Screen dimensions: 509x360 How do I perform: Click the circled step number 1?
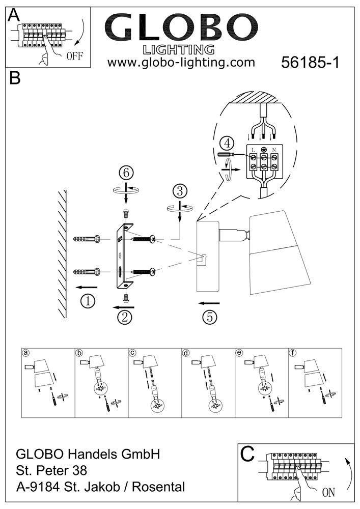(89, 301)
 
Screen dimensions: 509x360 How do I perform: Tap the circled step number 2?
(124, 317)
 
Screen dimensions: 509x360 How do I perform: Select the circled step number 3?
(179, 191)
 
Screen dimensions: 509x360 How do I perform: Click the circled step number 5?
(209, 317)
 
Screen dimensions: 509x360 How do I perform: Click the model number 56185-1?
(310, 63)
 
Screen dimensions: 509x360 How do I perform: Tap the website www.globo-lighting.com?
(181, 63)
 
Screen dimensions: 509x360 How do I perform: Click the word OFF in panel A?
(74, 56)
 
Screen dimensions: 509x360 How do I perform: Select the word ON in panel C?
(329, 492)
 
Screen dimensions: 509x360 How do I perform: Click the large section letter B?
(15, 79)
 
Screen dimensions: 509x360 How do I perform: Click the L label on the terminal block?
(253, 150)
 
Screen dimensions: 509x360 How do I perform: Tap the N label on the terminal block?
(274, 150)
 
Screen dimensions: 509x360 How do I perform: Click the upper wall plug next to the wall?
(87, 239)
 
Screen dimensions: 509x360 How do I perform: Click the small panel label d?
(186, 352)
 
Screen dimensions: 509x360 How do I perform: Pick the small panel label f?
(292, 352)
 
